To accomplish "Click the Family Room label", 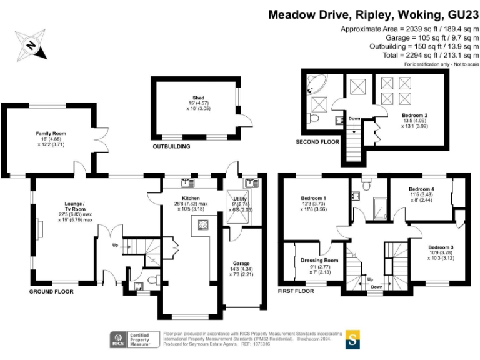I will coord(51,133).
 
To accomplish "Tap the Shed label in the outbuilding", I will coord(198,98).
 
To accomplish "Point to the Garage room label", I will coord(241,264).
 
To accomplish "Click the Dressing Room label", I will coord(319,260).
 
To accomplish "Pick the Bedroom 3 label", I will coord(441,248).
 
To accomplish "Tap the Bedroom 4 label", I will coord(422,189).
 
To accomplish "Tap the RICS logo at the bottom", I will coord(117,339).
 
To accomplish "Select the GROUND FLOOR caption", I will coord(52,291).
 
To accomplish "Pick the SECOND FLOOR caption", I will coord(317,142).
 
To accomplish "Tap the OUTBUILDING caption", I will coord(172,146).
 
